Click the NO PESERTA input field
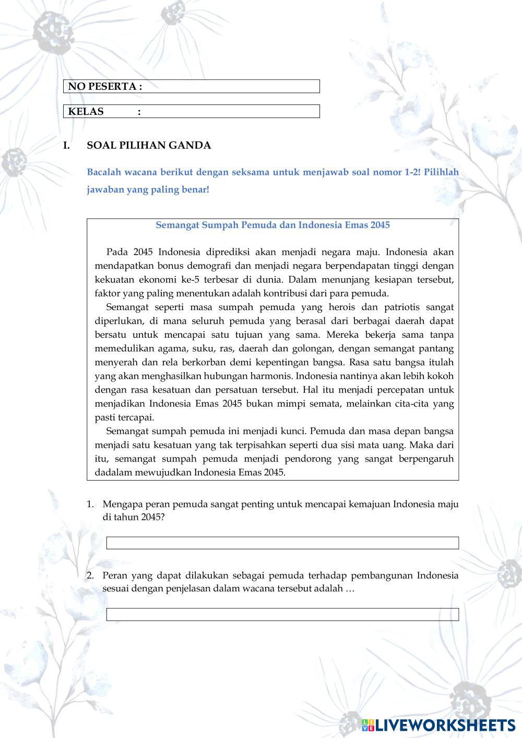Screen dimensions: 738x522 pyautogui.click(x=230, y=87)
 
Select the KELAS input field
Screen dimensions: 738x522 pyautogui.click(x=230, y=112)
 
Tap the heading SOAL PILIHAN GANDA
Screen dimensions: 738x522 pyautogui.click(x=149, y=146)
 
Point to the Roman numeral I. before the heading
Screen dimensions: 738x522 pyautogui.click(x=66, y=146)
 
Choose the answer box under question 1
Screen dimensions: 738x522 pyautogui.click(x=282, y=543)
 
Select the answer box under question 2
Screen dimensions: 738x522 pyautogui.click(x=282, y=614)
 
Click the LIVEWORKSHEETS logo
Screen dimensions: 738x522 pyautogui.click(x=438, y=724)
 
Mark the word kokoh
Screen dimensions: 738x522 pyautogui.click(x=441, y=376)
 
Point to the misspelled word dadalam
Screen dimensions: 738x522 pyautogui.click(x=110, y=473)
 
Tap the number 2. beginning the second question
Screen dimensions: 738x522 pyautogui.click(x=90, y=576)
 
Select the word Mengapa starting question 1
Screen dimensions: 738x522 pyautogui.click(x=122, y=505)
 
